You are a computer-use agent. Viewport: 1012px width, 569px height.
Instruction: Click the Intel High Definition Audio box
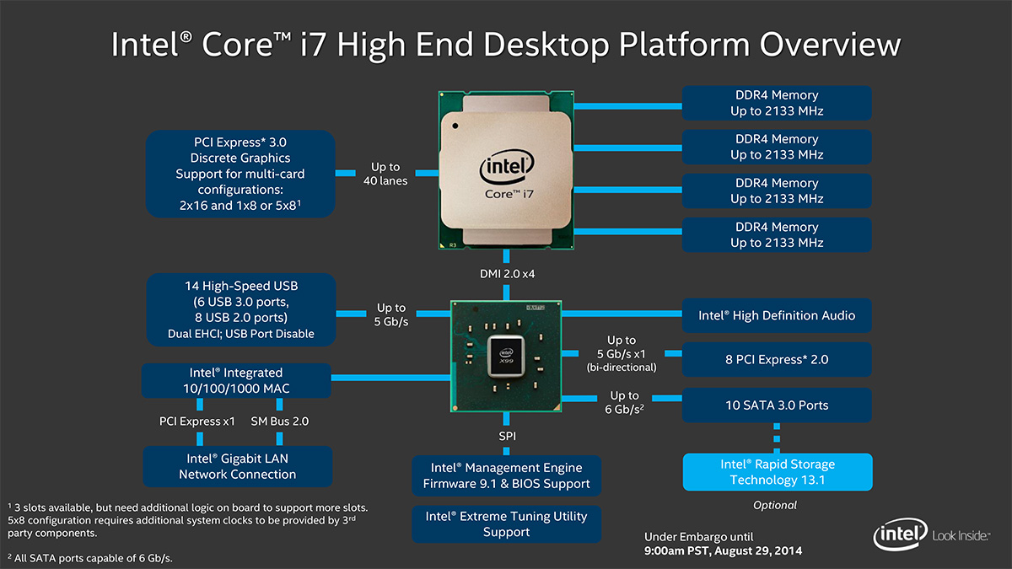[776, 315]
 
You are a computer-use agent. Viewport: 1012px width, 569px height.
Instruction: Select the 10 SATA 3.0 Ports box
[776, 405]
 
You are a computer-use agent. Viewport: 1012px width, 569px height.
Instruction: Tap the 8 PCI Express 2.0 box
[776, 359]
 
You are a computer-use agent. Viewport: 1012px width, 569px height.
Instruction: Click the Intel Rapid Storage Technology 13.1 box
[776, 472]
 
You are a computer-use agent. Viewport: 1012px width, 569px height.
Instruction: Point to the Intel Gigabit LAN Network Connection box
[237, 466]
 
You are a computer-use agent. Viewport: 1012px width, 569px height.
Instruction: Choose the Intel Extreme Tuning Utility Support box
[506, 523]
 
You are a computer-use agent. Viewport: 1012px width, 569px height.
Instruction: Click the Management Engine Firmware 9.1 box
[506, 475]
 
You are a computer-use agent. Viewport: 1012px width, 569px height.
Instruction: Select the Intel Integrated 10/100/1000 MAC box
[236, 380]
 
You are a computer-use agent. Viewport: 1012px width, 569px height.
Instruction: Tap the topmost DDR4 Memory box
[776, 103]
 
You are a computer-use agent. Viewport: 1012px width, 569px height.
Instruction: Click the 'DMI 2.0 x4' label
[506, 273]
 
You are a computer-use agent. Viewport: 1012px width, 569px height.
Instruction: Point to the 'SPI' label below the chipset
[506, 436]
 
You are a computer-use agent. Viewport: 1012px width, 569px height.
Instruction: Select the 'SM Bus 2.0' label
[280, 421]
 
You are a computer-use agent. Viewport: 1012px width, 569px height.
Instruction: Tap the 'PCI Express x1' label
[197, 421]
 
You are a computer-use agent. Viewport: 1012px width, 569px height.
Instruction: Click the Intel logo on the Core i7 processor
[506, 169]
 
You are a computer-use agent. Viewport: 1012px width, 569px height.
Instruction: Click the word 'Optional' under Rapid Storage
[775, 505]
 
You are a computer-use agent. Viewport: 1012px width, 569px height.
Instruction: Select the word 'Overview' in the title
[830, 45]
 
